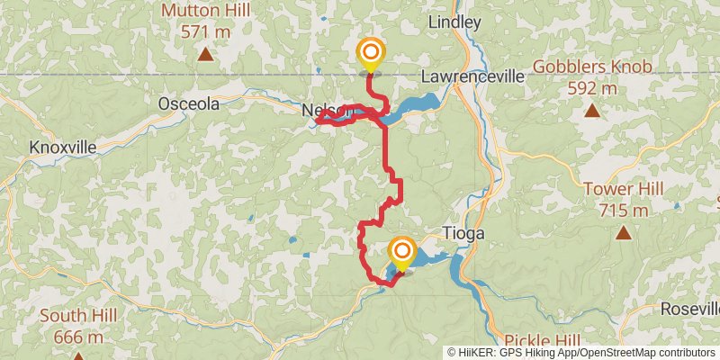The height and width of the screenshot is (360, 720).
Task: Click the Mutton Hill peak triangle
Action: click(206, 55)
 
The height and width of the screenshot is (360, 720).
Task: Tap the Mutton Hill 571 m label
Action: click(206, 21)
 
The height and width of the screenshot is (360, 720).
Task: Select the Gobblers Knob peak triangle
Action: click(591, 111)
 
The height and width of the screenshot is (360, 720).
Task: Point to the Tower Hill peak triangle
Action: click(623, 233)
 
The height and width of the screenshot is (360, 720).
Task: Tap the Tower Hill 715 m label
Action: click(623, 200)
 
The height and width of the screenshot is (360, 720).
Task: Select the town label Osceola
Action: click(188, 103)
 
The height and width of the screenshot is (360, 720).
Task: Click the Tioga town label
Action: click(464, 233)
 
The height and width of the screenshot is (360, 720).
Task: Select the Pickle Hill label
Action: click(542, 342)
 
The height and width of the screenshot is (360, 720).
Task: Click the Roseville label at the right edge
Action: click(689, 308)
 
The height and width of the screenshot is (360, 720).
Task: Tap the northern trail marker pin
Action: click(369, 53)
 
